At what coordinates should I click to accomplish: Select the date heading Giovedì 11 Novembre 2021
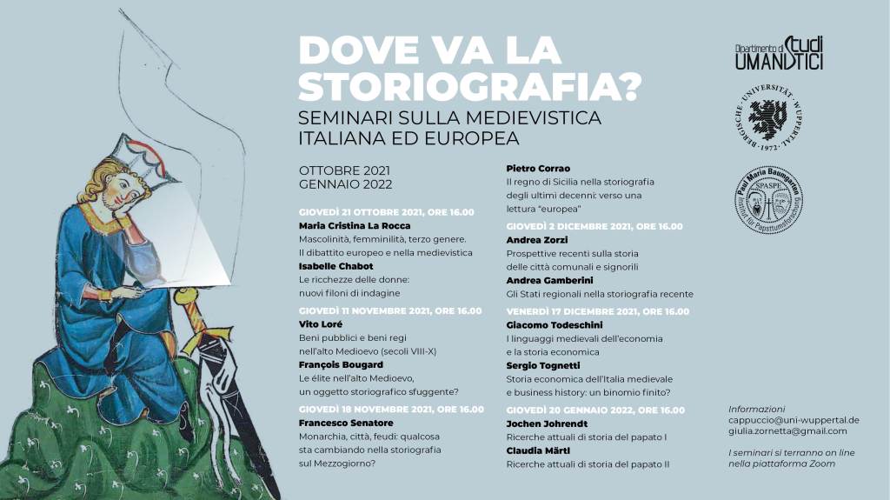pos(389,310)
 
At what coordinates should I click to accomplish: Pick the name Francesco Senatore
pos(346,423)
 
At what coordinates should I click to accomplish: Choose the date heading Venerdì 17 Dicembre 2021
pos(597,310)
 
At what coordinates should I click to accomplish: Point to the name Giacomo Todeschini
pos(555,324)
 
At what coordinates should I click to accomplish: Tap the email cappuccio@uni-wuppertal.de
pos(794,420)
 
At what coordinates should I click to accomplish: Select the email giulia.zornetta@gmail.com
pos(787,431)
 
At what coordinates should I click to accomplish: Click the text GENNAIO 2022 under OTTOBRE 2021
pos(345,184)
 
